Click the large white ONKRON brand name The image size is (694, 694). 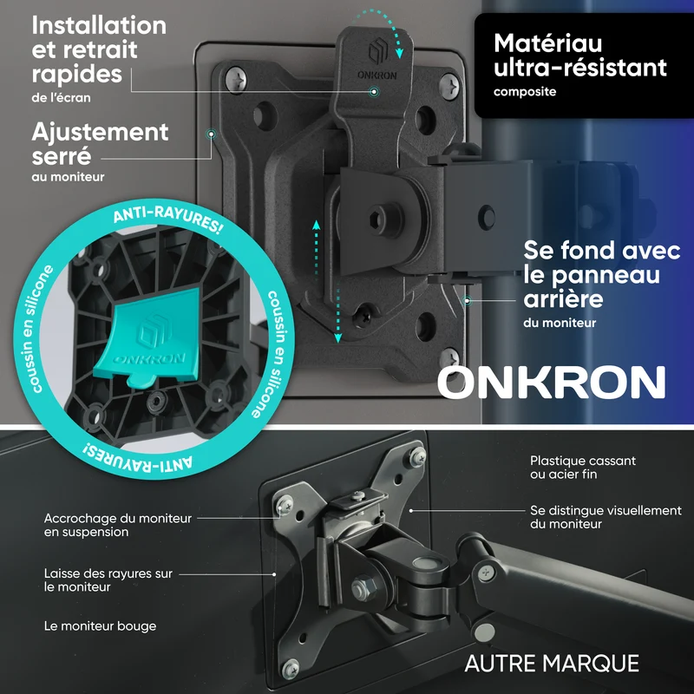(x=552, y=382)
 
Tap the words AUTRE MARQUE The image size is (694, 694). (x=552, y=664)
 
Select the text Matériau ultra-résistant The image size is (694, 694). (x=579, y=56)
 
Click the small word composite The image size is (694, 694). (x=525, y=92)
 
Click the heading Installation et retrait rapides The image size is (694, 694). (x=99, y=49)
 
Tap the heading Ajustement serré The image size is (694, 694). (x=100, y=144)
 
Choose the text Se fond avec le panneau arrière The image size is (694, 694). (x=601, y=274)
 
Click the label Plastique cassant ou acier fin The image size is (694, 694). (x=582, y=468)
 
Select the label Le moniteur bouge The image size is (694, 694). (x=100, y=625)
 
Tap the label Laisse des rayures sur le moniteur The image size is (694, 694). (x=108, y=579)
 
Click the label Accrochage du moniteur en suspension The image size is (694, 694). (x=117, y=525)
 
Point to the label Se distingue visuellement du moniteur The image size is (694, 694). (x=606, y=517)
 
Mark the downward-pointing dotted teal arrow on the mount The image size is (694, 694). (x=337, y=315)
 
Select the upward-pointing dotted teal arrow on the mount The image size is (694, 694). (x=316, y=249)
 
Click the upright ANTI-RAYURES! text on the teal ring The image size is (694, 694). (x=168, y=220)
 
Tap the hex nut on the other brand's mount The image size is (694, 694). (x=363, y=588)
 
